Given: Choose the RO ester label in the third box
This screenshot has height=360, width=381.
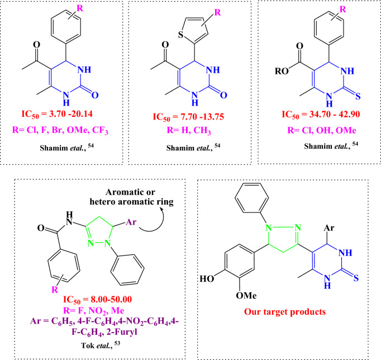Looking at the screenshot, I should (x=267, y=72).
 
